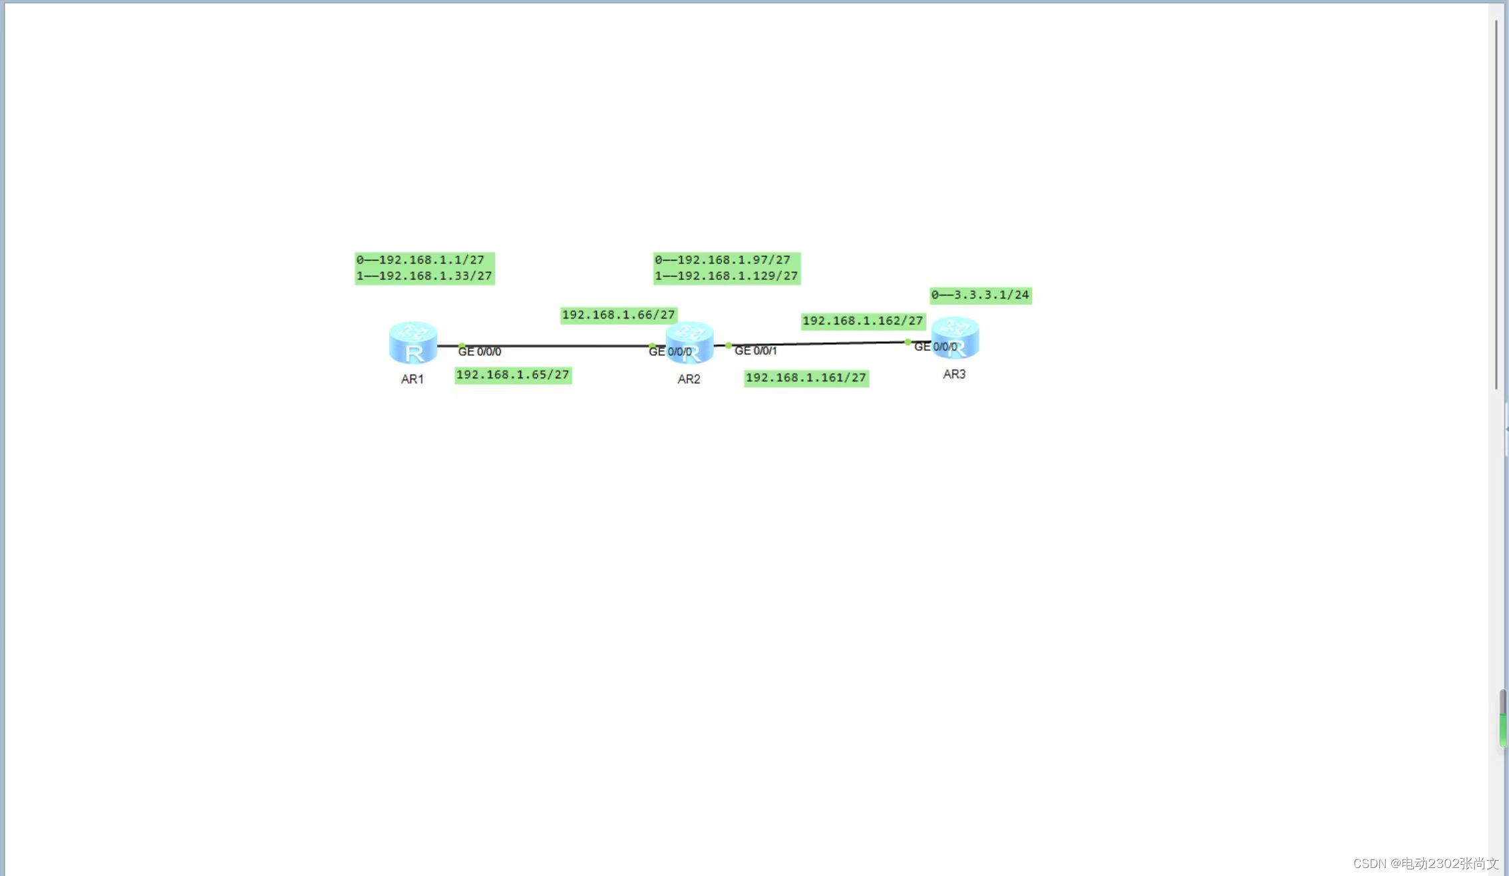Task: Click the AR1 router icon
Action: (413, 343)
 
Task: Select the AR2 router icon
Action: (690, 343)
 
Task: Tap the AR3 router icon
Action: (955, 338)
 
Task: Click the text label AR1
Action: (413, 379)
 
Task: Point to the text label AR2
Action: (689, 379)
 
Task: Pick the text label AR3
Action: (954, 374)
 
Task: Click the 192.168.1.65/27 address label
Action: (513, 375)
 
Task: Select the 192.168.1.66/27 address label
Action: (619, 315)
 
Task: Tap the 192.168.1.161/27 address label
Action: (806, 378)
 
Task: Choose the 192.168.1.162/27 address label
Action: (863, 321)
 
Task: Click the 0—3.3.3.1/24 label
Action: (981, 295)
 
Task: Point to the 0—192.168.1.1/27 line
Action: (420, 260)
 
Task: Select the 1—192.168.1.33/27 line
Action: (424, 276)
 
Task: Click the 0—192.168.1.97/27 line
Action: (723, 260)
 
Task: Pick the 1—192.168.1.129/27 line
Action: (727, 276)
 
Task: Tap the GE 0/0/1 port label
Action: (756, 351)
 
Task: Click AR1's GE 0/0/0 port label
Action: (480, 351)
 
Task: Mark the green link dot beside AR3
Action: (908, 342)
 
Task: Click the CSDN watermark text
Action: (1425, 863)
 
